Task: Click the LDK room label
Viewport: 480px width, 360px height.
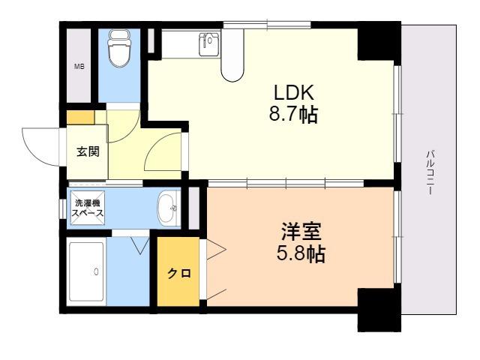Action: coord(294,92)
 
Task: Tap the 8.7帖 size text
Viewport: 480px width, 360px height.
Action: coord(293,114)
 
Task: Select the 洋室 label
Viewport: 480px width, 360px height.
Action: coord(301,232)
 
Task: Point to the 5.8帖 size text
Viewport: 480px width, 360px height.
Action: coord(301,253)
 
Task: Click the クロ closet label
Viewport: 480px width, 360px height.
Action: coord(179,273)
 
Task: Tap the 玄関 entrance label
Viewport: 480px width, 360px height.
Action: coord(88,151)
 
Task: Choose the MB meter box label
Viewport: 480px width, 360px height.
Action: coord(79,66)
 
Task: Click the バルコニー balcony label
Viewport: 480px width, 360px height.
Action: coord(430,172)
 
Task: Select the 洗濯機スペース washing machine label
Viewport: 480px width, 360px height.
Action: coord(88,208)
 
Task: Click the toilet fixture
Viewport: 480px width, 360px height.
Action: coord(120,48)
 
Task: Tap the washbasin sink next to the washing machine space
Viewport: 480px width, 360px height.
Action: coord(168,208)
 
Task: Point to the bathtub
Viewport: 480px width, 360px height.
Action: coord(86,271)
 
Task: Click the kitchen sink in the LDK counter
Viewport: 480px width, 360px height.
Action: coord(208,43)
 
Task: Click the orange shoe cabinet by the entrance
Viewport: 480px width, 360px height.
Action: coord(81,118)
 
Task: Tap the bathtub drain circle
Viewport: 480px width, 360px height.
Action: coord(97,271)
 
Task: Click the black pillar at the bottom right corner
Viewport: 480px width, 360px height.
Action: coord(379,310)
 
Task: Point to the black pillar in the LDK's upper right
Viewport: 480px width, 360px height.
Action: coord(379,41)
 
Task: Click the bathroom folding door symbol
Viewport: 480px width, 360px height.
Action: coord(140,245)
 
